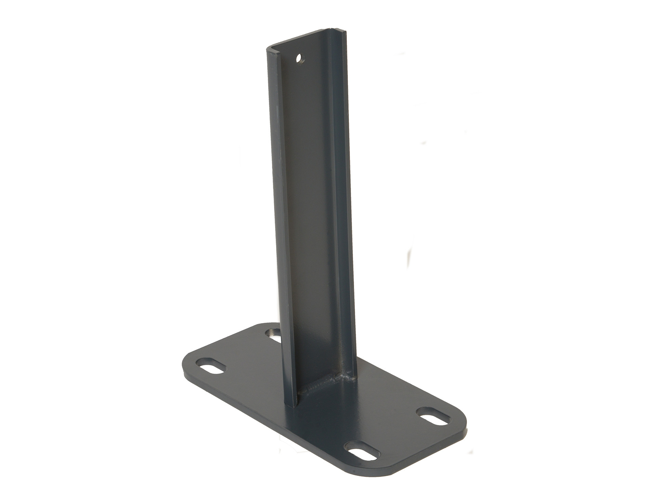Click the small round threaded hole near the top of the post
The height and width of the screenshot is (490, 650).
[x=300, y=59]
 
